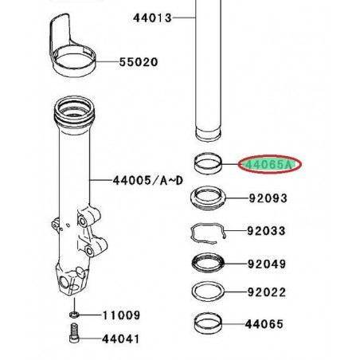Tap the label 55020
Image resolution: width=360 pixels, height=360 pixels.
tap(139, 61)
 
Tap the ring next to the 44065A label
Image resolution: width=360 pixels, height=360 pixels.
tap(210, 166)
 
